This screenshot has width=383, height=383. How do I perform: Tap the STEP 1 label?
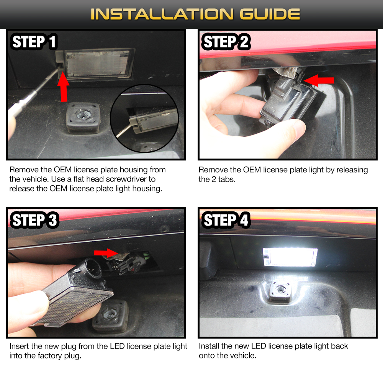(35, 42)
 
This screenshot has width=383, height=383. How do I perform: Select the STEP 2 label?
(226, 42)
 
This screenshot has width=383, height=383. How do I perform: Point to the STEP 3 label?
(35, 220)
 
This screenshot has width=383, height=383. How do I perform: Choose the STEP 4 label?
(226, 220)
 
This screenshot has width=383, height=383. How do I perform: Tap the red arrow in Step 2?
(320, 80)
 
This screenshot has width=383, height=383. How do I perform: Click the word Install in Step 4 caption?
(209, 346)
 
